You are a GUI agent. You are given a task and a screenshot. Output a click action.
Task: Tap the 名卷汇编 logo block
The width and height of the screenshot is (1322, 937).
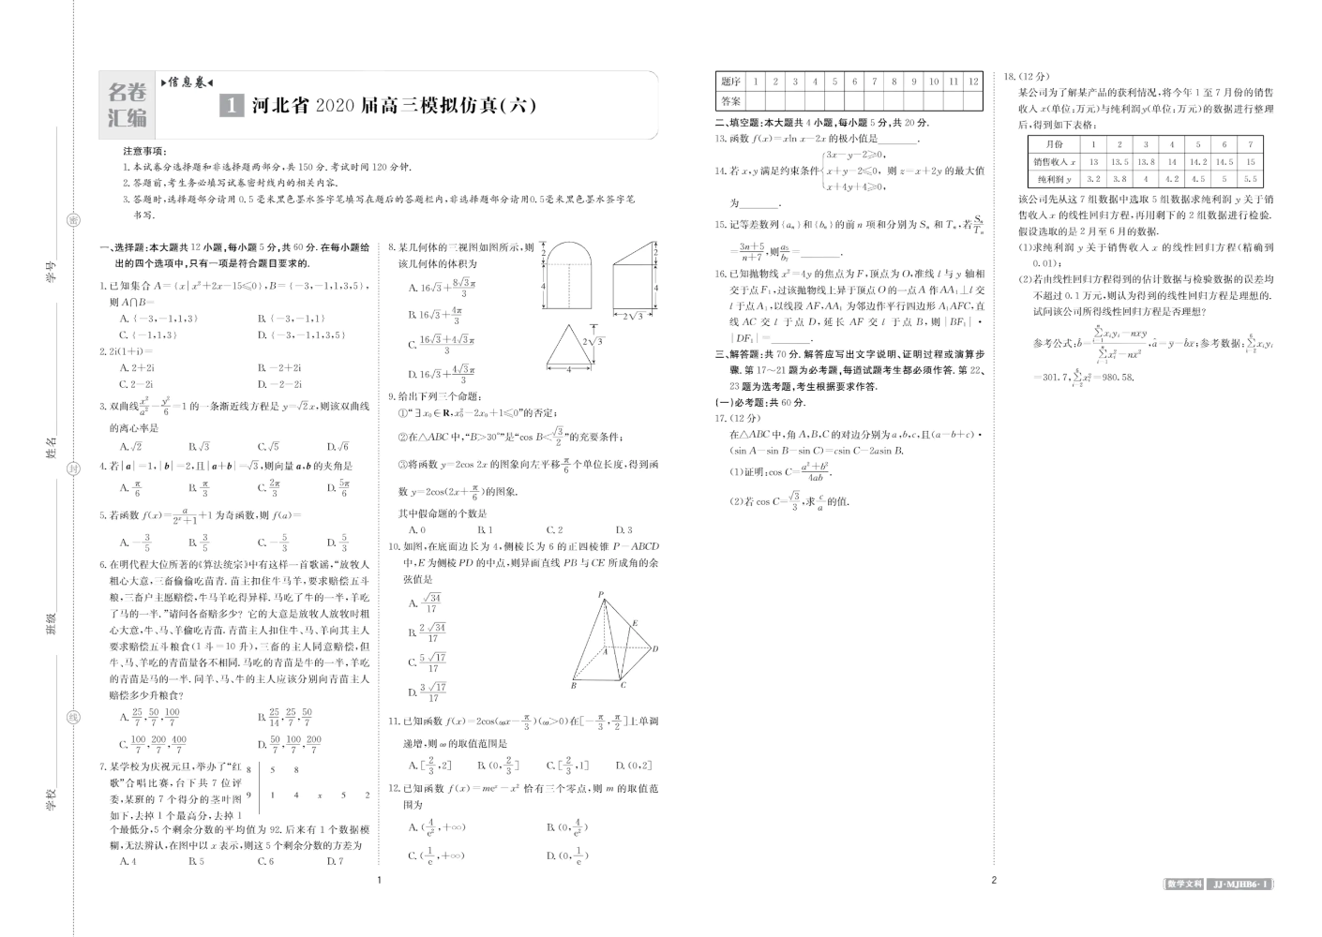(x=128, y=105)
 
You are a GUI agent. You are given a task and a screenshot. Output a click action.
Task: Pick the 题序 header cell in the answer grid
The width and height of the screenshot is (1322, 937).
(x=731, y=82)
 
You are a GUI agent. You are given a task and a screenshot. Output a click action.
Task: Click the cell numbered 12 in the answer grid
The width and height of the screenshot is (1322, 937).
(x=973, y=82)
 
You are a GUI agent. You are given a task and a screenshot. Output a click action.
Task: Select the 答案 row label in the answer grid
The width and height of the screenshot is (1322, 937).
(x=731, y=101)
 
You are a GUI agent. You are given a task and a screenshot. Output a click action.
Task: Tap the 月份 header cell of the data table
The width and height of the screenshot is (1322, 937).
(x=1054, y=144)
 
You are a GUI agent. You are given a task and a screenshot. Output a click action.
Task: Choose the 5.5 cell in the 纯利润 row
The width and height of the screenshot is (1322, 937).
(x=1250, y=179)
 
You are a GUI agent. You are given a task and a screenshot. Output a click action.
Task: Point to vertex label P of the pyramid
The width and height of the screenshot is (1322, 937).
(x=600, y=593)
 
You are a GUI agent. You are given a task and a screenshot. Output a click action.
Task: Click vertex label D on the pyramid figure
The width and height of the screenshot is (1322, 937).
(x=655, y=648)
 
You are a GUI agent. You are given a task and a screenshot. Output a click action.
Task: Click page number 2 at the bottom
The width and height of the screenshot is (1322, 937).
(x=994, y=880)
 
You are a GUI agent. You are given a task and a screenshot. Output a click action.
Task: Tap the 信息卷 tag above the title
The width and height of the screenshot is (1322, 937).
(x=190, y=82)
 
